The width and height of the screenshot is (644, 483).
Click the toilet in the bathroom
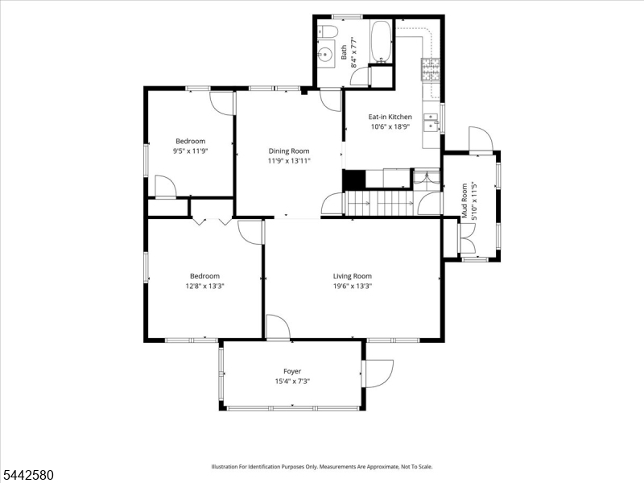point(328,31)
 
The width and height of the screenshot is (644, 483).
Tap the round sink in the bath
point(327,54)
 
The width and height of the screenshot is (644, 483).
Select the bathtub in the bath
point(381,42)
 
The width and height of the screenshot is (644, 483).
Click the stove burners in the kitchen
point(430,69)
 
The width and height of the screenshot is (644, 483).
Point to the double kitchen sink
point(431,122)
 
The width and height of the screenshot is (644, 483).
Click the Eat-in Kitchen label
point(390,117)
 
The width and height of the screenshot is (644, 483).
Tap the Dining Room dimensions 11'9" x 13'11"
point(289,160)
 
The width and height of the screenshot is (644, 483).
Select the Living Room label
point(353,276)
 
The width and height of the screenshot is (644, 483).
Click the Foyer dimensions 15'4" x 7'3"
point(292,381)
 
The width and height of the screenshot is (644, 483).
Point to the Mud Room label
point(464,200)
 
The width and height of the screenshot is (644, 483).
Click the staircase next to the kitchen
point(379,203)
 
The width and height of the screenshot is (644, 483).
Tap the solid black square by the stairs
point(353,179)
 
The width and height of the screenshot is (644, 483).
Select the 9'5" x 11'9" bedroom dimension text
point(191,151)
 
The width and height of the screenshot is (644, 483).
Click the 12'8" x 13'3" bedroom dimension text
point(204,286)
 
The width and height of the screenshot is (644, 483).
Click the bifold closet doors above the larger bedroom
point(213,221)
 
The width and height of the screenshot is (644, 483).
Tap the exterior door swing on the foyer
point(378,374)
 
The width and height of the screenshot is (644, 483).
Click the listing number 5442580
point(27,475)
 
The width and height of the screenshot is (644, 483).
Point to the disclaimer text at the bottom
point(322,467)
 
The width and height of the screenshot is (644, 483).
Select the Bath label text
point(344,52)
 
